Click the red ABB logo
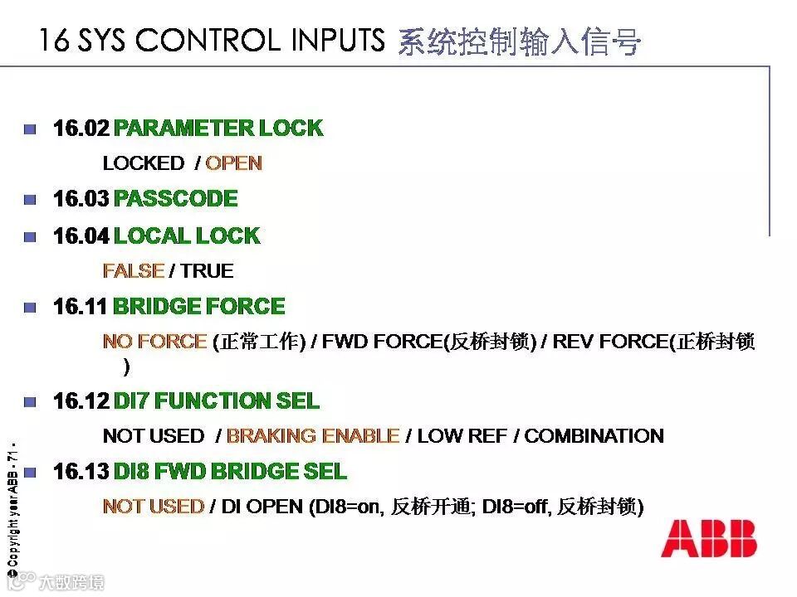click(708, 539)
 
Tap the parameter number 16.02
click(81, 129)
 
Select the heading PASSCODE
click(175, 199)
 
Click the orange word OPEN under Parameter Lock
click(233, 163)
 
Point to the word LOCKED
click(143, 163)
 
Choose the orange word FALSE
click(133, 271)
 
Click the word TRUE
click(207, 271)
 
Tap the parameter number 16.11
click(80, 307)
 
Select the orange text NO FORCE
click(154, 342)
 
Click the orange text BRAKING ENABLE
click(313, 436)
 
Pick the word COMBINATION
click(594, 436)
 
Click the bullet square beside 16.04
click(31, 236)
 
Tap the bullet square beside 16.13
click(31, 473)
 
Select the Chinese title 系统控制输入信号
click(519, 41)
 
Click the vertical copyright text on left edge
click(12, 506)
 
